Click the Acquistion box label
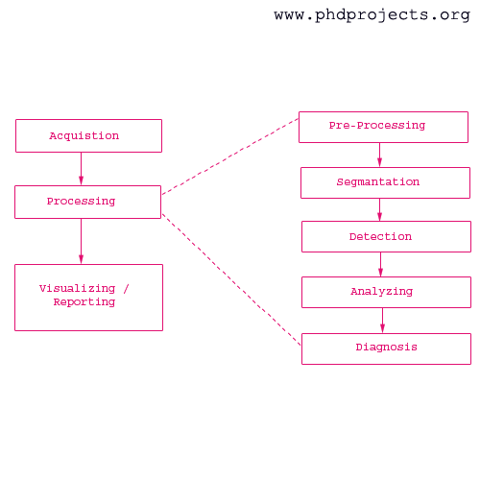point(84,136)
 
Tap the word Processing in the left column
point(81,202)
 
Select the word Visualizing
point(77,289)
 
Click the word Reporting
point(84,302)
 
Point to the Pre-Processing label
point(377,126)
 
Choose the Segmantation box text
point(378,182)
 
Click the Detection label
point(380,237)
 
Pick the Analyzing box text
point(382,292)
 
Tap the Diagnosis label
point(387,348)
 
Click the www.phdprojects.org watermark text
point(372,15)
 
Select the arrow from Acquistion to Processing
point(81,169)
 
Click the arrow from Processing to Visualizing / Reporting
point(81,241)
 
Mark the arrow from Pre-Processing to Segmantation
point(380,155)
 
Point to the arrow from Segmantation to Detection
point(380,209)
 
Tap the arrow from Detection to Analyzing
point(381,264)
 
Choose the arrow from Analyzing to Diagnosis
point(382,321)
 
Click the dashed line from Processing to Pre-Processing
point(230,156)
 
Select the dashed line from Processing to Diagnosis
point(231,280)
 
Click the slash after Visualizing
point(126,289)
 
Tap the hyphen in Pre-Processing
point(353,126)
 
